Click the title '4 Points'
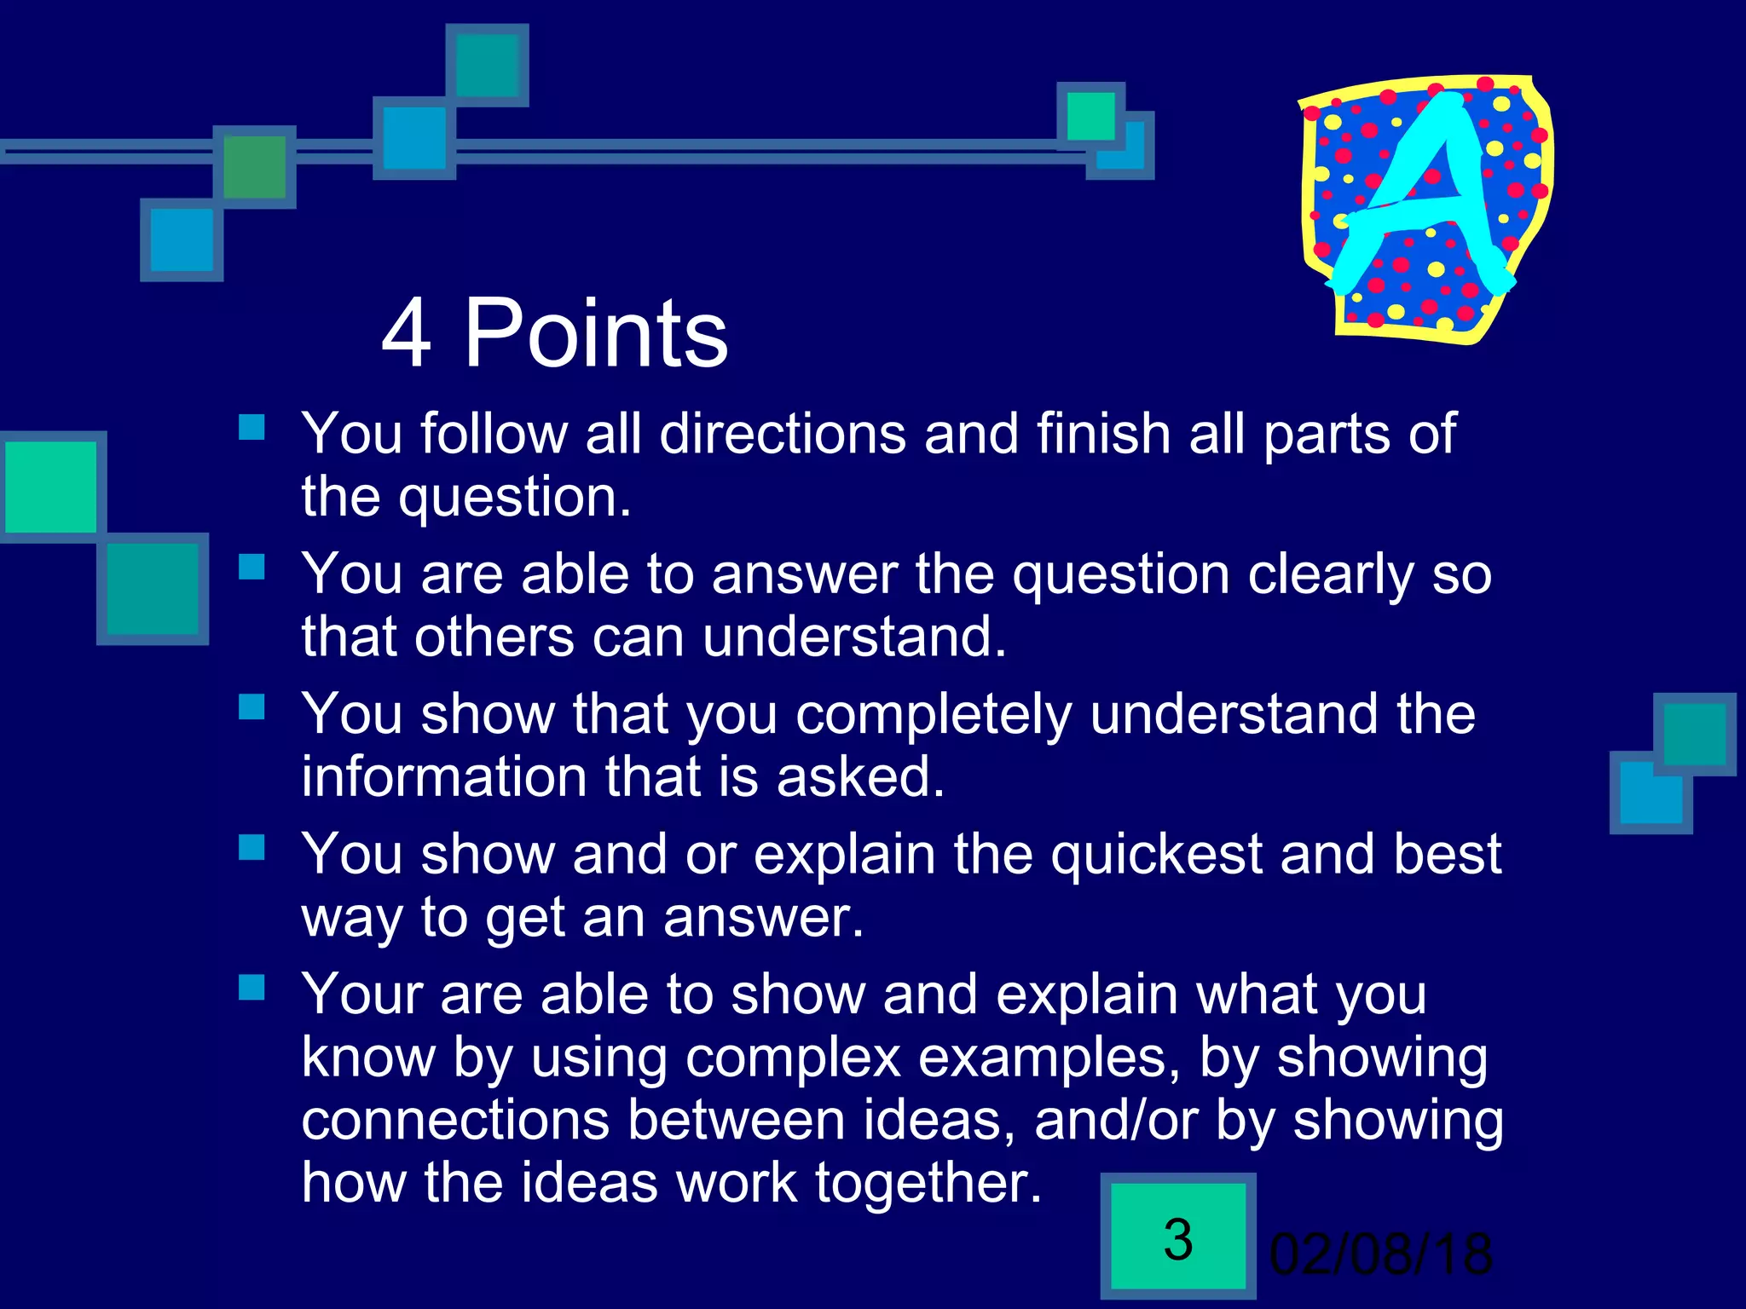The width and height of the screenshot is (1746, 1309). [x=554, y=334]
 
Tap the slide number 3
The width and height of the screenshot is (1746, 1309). [x=1177, y=1239]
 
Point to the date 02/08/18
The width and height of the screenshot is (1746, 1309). [x=1380, y=1254]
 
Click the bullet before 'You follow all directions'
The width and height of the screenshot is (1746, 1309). [x=251, y=427]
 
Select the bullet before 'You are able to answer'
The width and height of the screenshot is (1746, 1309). [x=251, y=567]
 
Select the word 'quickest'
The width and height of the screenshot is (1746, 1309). [x=1155, y=854]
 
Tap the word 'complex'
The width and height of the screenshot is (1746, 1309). [x=793, y=1058]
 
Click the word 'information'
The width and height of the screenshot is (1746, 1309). [x=443, y=777]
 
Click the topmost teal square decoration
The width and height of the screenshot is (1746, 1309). [x=487, y=66]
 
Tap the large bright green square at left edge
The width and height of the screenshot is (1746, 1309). [x=51, y=487]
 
